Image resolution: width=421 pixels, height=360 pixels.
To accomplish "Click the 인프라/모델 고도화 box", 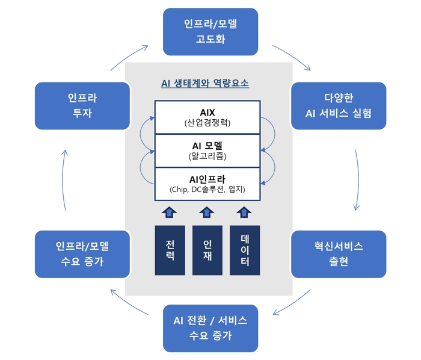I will [x=210, y=31].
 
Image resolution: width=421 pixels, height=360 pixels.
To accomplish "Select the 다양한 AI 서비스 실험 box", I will [x=339, y=105].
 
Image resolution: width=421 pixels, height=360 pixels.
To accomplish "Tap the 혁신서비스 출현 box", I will [x=339, y=254].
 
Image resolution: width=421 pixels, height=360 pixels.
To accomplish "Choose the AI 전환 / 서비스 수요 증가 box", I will [x=210, y=328].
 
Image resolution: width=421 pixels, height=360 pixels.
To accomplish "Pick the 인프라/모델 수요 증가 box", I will [x=82, y=254].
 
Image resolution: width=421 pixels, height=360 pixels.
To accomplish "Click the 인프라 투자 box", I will [x=82, y=105].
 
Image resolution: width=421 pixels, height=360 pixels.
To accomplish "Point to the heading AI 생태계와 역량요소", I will [x=205, y=84].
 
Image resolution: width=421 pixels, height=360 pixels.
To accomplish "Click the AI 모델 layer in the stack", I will [x=207, y=151].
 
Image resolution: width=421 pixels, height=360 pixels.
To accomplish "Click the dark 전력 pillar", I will [x=170, y=250].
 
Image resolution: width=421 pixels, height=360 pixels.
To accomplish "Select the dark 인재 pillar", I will [x=207, y=250].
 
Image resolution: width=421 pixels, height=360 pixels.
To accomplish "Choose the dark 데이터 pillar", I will [x=244, y=250].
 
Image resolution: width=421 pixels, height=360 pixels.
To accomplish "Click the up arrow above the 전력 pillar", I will [x=170, y=212].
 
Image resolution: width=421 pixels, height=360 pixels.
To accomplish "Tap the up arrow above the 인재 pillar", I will [x=207, y=212].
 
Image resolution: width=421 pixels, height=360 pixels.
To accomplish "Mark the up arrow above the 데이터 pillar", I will [x=244, y=212].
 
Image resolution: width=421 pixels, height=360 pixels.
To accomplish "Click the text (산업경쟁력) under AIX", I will [x=207, y=123].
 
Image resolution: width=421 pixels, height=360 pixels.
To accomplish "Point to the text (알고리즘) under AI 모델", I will [x=207, y=157].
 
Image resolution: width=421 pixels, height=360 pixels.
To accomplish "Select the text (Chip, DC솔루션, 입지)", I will [x=207, y=191].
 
